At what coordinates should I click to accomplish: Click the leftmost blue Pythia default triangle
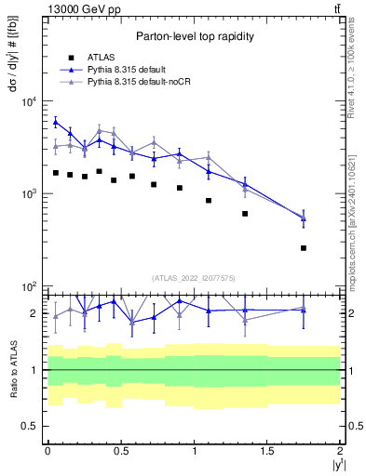55,122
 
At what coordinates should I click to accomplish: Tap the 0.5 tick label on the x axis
120,450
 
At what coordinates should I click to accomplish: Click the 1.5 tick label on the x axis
267,450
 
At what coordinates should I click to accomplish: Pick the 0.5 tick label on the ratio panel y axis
30,426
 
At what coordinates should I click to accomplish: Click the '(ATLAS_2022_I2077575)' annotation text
193,278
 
